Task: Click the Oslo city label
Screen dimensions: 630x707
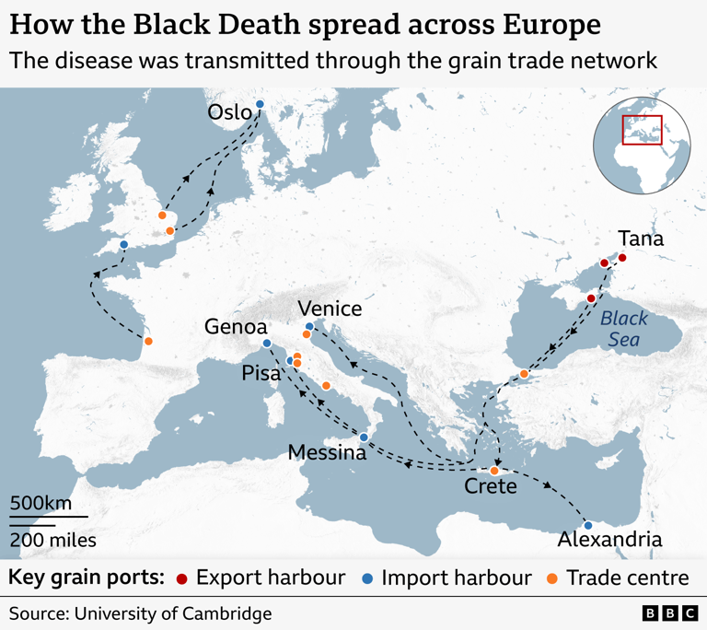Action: click(228, 112)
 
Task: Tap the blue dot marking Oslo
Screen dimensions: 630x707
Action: click(260, 104)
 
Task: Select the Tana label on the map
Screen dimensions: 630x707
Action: click(641, 239)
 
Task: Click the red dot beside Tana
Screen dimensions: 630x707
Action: click(621, 258)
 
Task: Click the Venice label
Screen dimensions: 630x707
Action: click(330, 309)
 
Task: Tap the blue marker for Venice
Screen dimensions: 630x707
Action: click(309, 327)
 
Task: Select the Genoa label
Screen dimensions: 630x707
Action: click(236, 327)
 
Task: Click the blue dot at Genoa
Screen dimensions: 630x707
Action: click(267, 344)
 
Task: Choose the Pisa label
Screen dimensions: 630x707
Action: click(261, 372)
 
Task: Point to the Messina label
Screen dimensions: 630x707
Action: click(327, 452)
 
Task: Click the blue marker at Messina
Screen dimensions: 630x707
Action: click(364, 437)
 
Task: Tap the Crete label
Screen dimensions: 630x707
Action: click(490, 485)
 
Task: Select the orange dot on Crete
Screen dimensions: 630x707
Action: click(494, 471)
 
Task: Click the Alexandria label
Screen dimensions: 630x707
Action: click(610, 540)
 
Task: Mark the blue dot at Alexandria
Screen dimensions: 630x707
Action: click(588, 525)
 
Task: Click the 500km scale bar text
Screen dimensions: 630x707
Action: click(41, 504)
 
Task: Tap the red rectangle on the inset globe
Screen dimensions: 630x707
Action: click(643, 130)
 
